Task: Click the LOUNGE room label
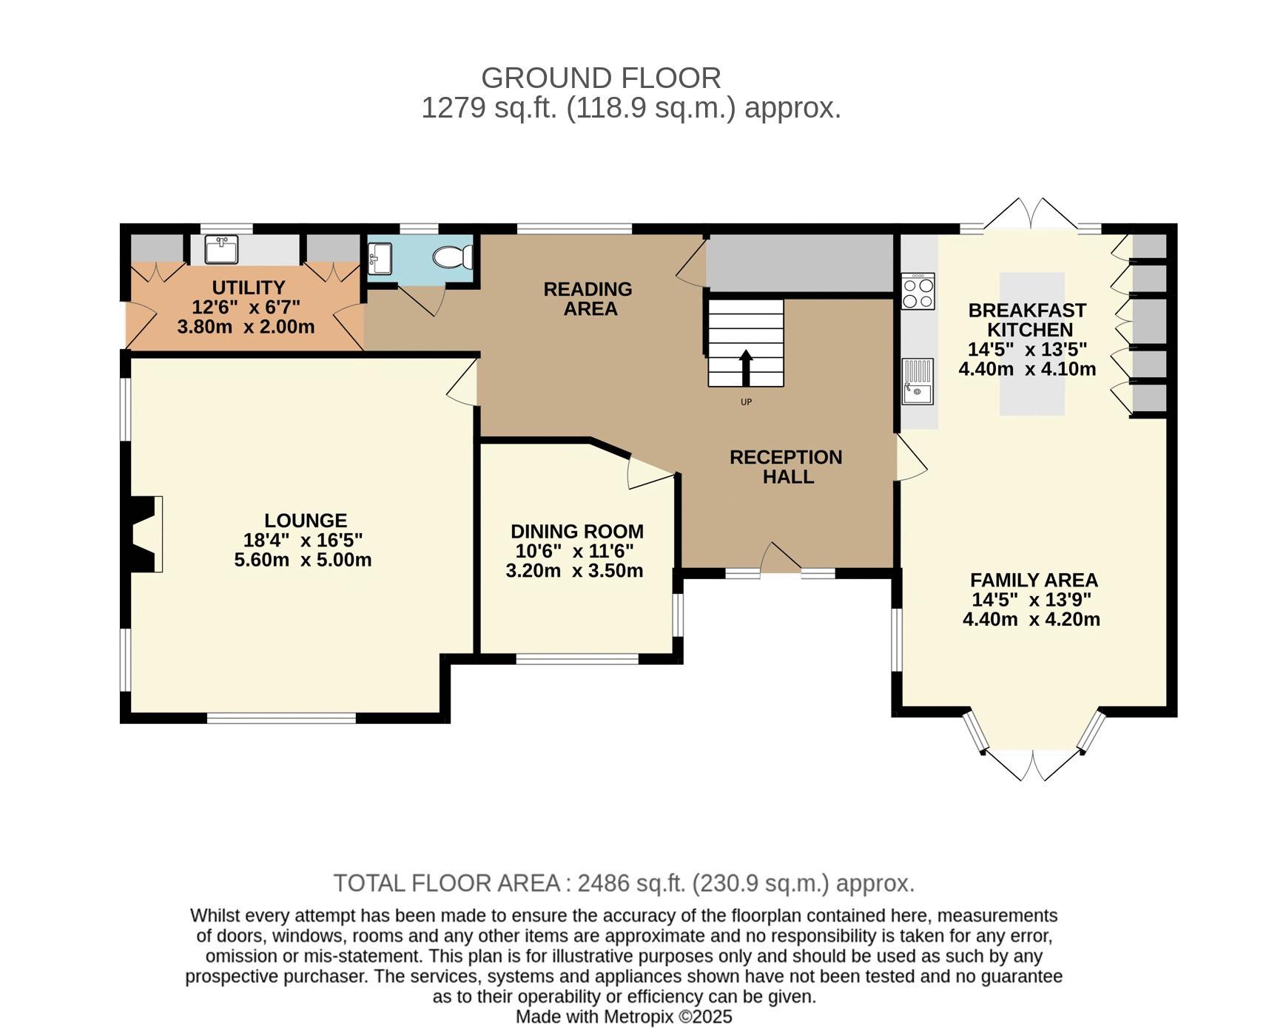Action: [305, 521]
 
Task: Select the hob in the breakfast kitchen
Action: [918, 291]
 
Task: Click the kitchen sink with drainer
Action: [918, 382]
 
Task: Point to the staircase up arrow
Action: [746, 368]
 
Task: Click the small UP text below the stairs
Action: [746, 402]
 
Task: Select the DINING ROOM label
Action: [577, 532]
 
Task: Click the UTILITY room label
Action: [249, 288]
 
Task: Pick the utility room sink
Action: [220, 249]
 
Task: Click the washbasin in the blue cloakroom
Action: [379, 257]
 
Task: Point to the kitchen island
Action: [1032, 343]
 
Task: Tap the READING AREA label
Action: [588, 299]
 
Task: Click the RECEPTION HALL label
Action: [787, 467]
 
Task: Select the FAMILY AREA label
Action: [1034, 580]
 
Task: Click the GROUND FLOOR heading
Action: [601, 78]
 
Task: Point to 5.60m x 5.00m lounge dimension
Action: [303, 560]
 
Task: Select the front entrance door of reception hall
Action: [781, 557]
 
